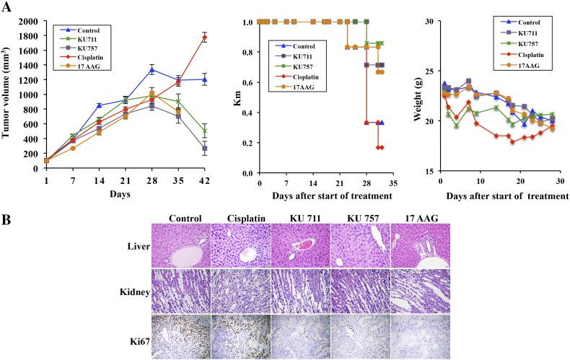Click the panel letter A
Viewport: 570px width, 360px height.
click(x=8, y=6)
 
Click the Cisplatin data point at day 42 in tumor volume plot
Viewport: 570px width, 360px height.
click(x=205, y=38)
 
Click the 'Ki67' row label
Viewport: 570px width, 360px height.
click(x=139, y=335)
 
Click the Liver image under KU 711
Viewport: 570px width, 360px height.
click(x=299, y=245)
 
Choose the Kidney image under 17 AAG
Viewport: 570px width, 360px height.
click(x=420, y=291)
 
